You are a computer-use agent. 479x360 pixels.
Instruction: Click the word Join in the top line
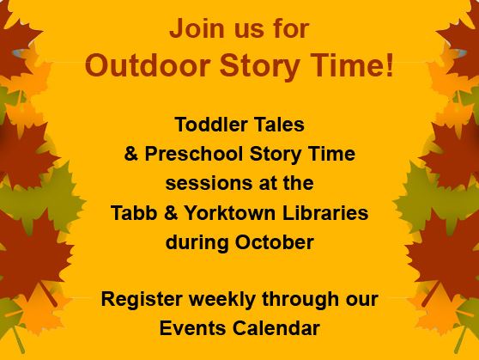[x=191, y=28]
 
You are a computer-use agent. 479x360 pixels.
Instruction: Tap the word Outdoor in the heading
[x=144, y=66]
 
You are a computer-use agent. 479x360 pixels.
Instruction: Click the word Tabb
[x=130, y=213]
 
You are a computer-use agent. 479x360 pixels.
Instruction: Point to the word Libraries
[x=320, y=213]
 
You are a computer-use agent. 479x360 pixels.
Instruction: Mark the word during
[x=197, y=242]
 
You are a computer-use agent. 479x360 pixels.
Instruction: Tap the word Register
[x=137, y=301]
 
